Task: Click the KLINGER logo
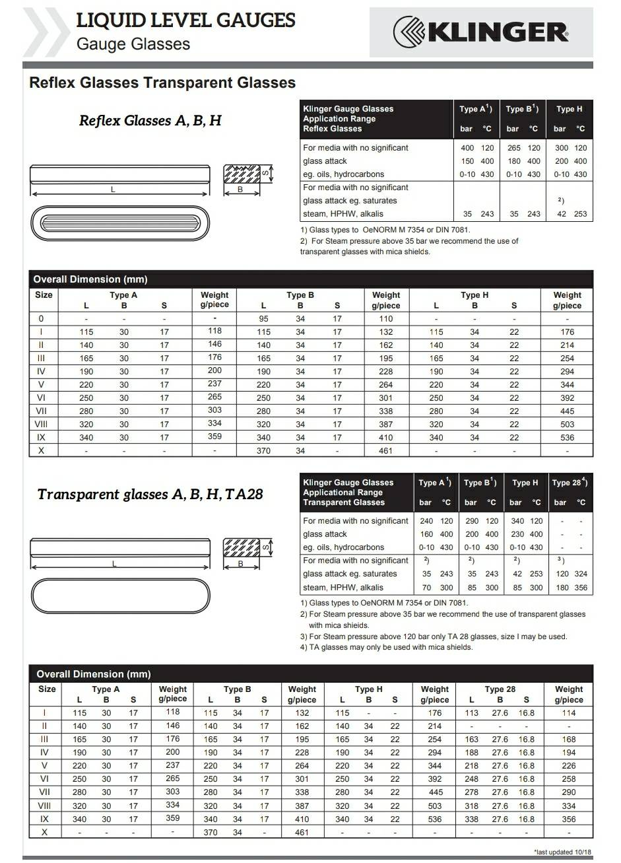tap(481, 31)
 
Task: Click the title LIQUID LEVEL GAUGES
tap(185, 20)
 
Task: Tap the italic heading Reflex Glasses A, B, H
tap(150, 121)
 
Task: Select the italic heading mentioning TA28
tap(150, 494)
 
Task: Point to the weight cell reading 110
tap(386, 318)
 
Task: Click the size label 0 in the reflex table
tap(42, 318)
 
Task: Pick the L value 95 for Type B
tap(263, 318)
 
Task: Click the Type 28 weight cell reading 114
tap(568, 713)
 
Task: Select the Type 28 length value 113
tap(472, 713)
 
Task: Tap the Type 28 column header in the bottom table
tap(500, 689)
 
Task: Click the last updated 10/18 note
tap(562, 852)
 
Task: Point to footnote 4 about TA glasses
tap(386, 647)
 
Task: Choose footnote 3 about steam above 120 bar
tap(434, 637)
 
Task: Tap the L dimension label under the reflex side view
tap(113, 190)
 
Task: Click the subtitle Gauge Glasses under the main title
tap(133, 44)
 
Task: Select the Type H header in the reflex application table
tap(569, 109)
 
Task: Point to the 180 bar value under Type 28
tap(562, 587)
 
